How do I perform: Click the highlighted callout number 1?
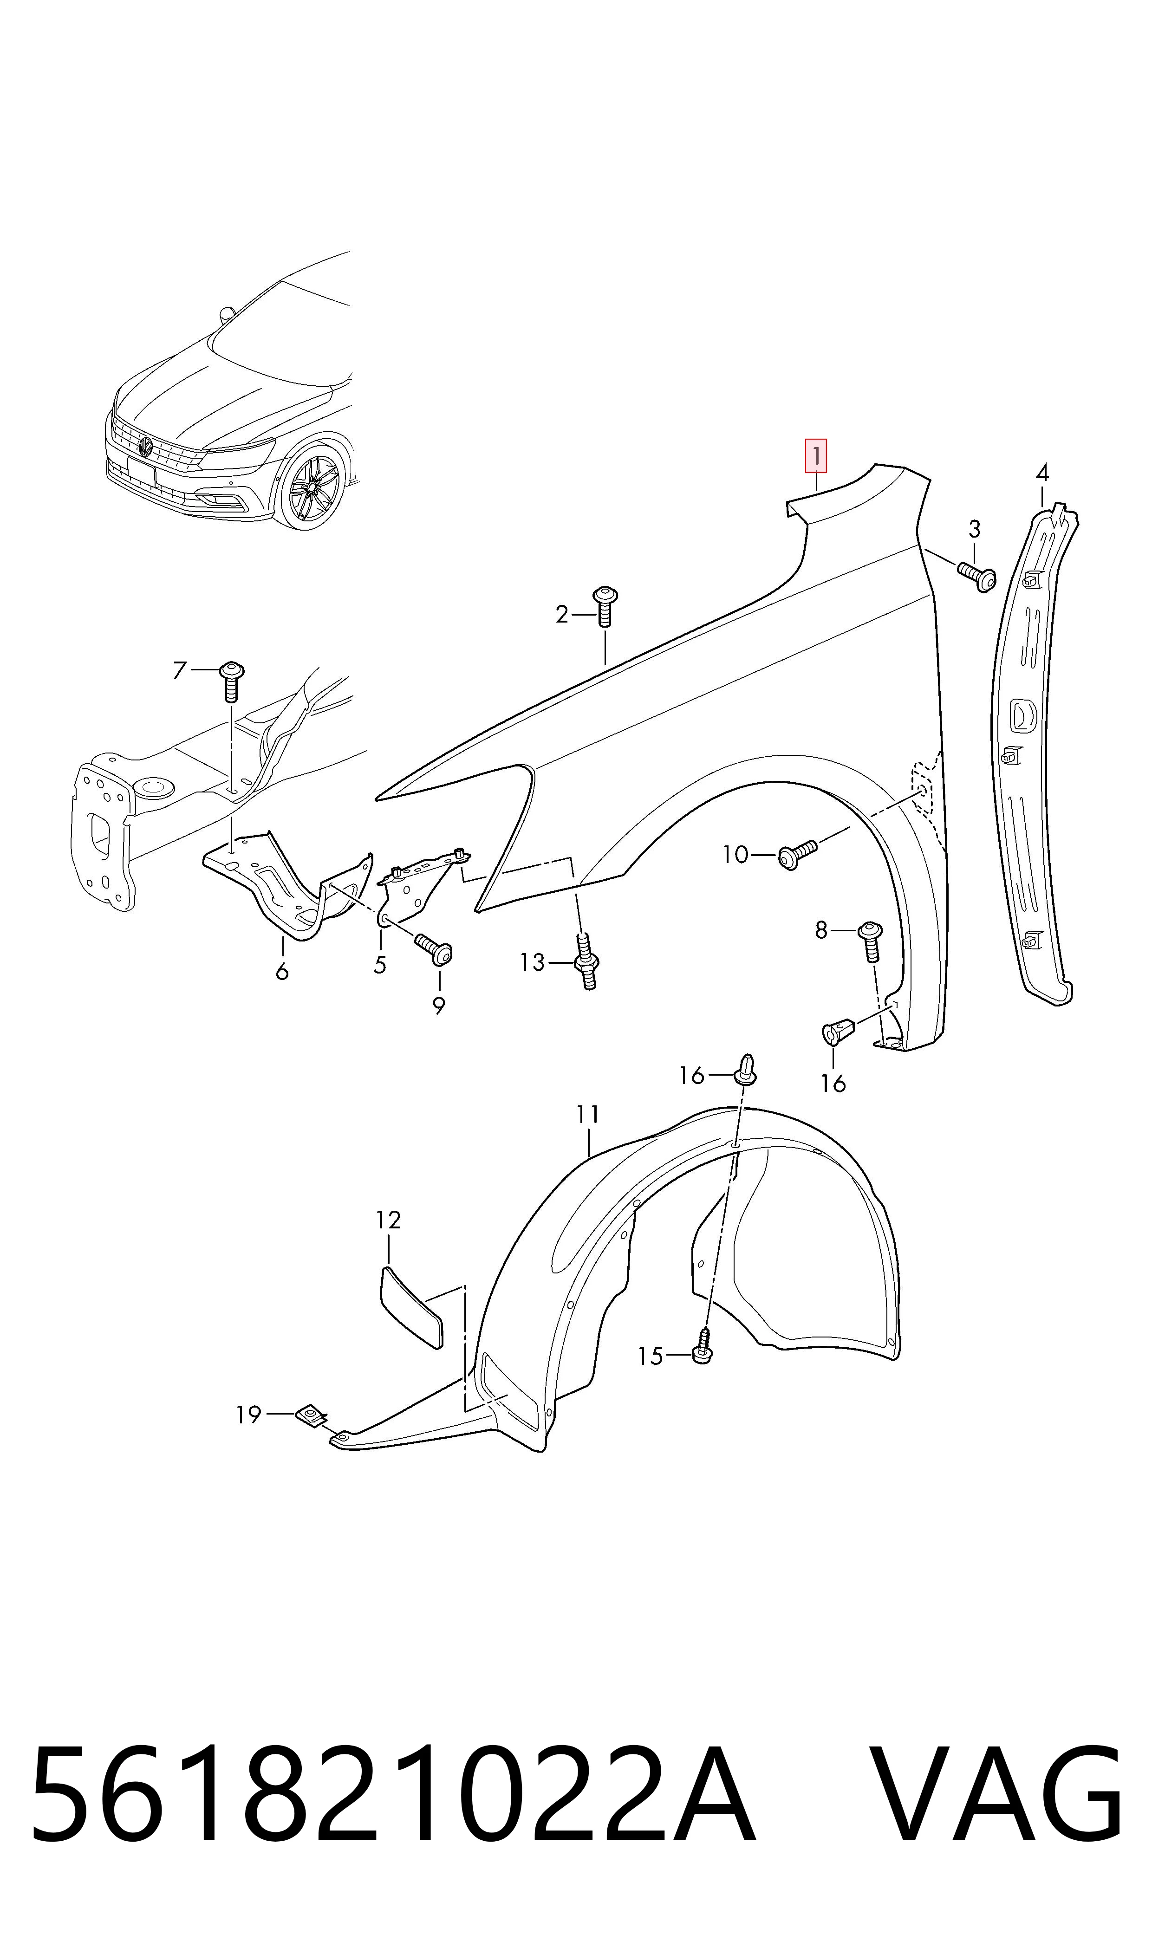coord(816,456)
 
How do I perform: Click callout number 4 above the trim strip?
coord(1042,473)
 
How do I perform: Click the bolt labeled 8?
coord(870,941)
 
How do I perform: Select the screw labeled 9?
coord(435,949)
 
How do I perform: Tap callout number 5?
coord(380,965)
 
